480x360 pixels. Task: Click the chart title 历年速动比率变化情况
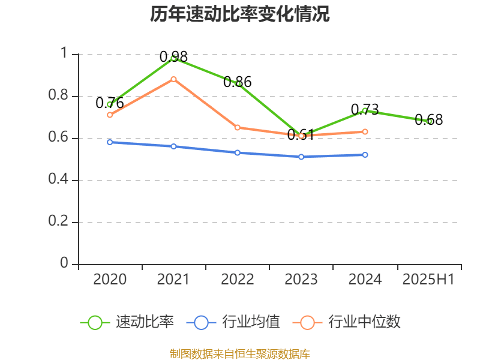(240, 14)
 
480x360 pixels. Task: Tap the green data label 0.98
(173, 57)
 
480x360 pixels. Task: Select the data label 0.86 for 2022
(238, 82)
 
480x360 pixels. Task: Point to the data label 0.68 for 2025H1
(429, 120)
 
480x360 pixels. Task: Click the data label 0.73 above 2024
(365, 109)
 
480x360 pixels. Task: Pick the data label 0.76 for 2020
(110, 103)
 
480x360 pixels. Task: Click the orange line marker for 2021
(173, 79)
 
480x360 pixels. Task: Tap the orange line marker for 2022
(238, 127)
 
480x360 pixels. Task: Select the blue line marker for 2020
(110, 142)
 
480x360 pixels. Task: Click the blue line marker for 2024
(365, 155)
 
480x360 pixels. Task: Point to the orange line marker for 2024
(365, 131)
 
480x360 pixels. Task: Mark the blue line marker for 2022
(238, 152)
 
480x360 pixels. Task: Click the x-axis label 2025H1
(428, 280)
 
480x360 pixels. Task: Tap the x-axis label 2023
(301, 280)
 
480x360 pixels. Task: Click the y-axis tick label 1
(64, 54)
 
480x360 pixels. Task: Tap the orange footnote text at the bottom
(240, 353)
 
